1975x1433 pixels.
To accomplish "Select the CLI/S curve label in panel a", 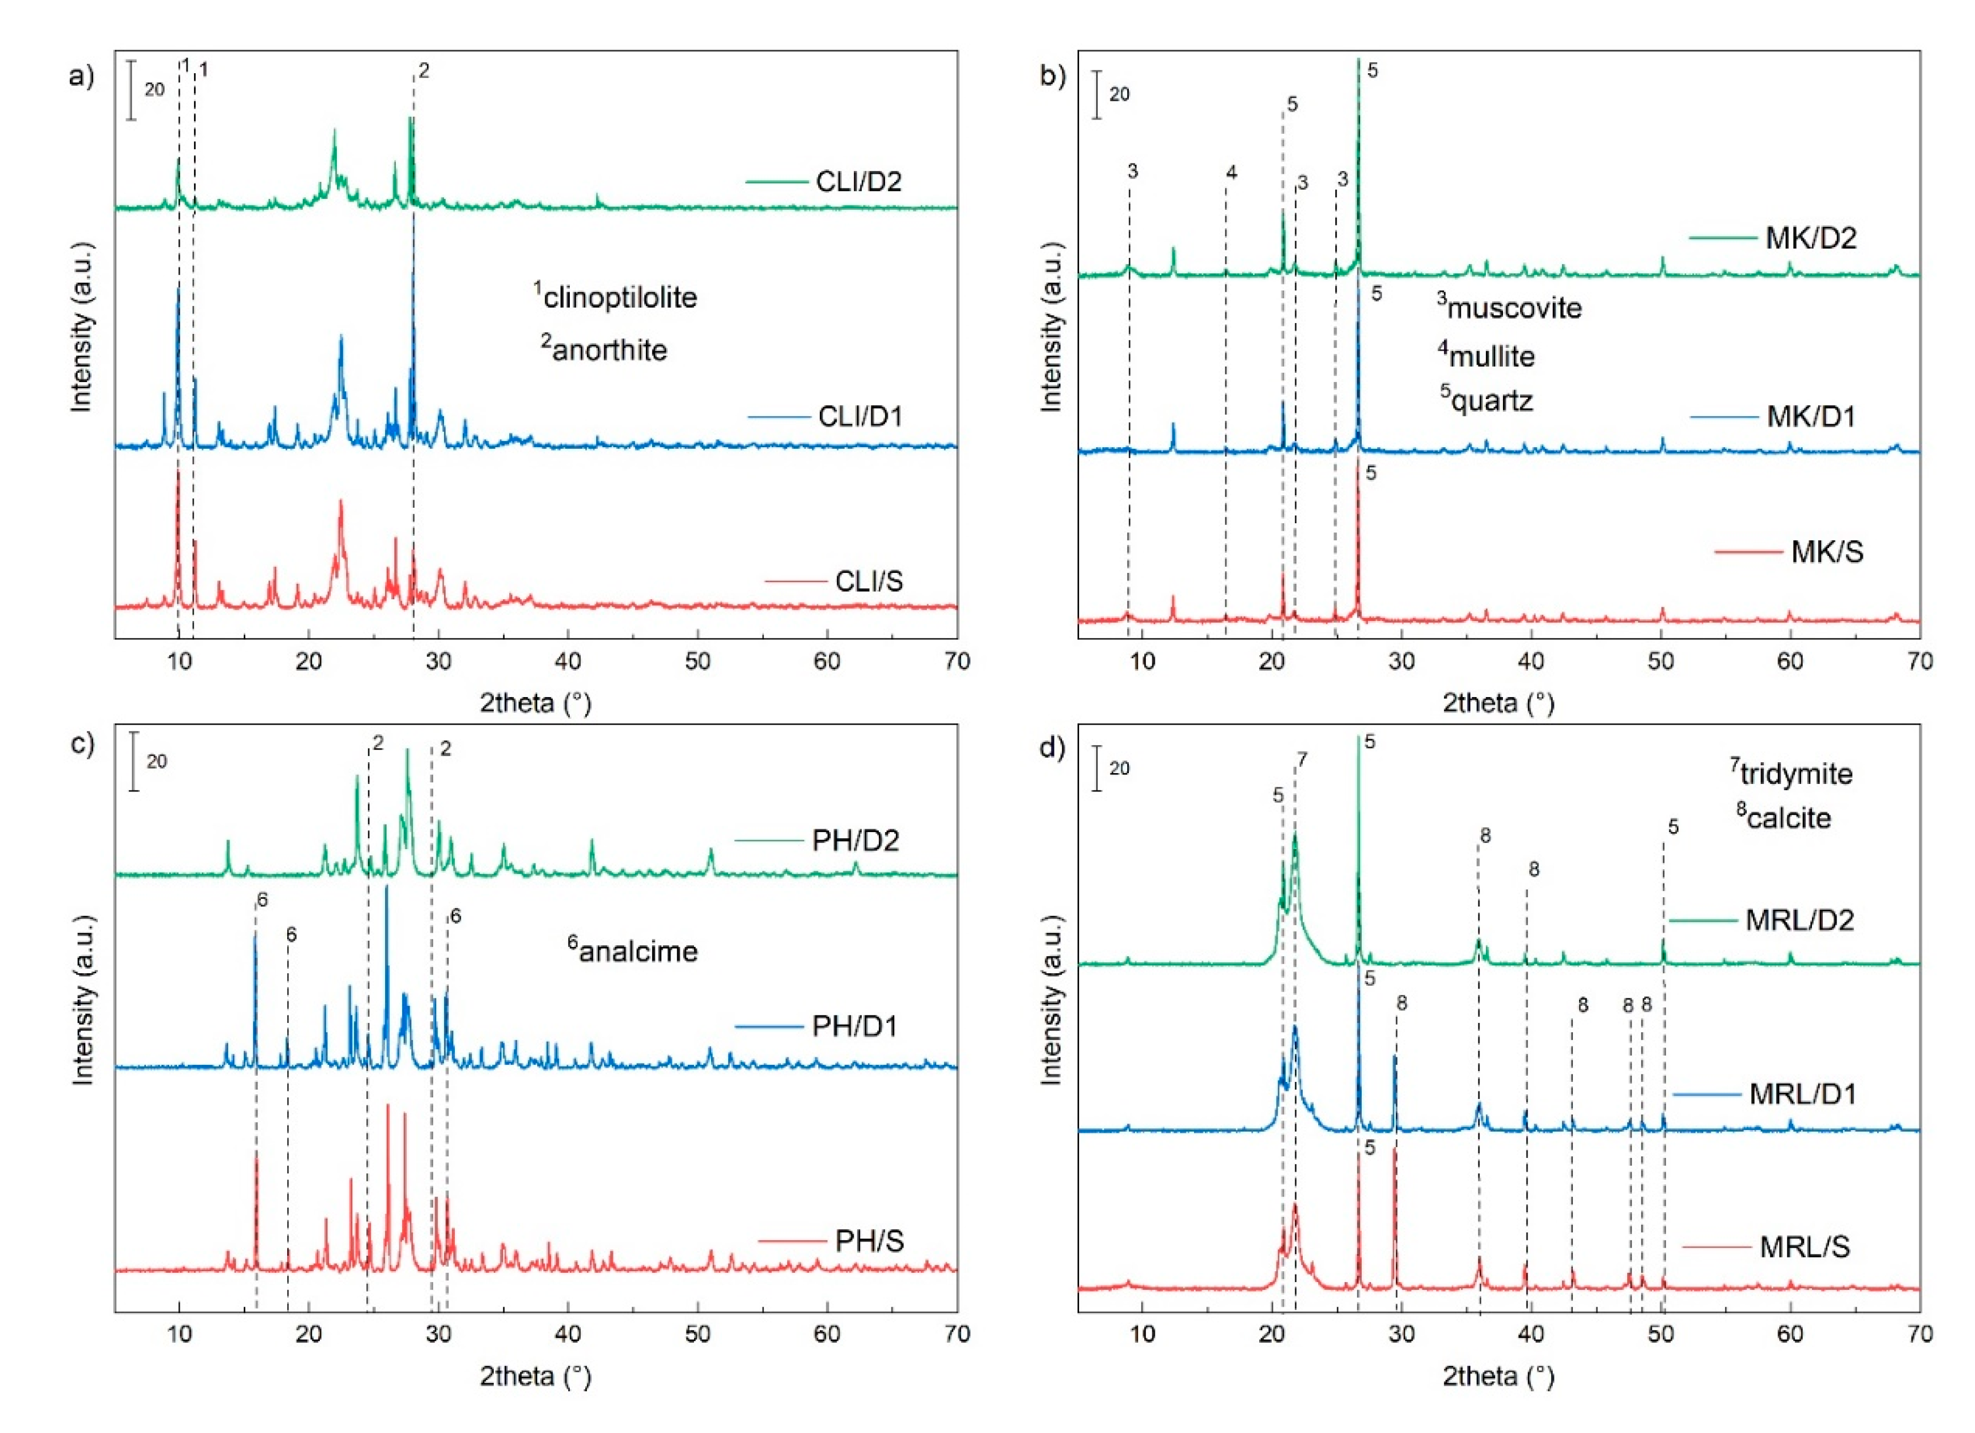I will click(868, 582).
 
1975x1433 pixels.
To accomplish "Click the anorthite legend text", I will click(609, 350).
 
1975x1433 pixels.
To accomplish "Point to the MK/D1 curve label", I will click(1810, 416).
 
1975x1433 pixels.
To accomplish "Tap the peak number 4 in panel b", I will click(1231, 172).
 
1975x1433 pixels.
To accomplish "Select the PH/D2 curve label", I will click(855, 840).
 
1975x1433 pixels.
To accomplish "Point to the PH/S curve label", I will click(869, 1241).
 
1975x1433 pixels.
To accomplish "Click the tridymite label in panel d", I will click(1795, 773).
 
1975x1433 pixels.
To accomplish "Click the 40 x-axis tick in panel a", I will click(568, 662).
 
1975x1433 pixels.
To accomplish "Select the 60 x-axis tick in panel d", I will click(1790, 1334).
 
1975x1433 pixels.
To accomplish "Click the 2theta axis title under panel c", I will click(536, 1376).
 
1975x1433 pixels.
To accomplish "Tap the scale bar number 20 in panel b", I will click(1119, 94).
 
